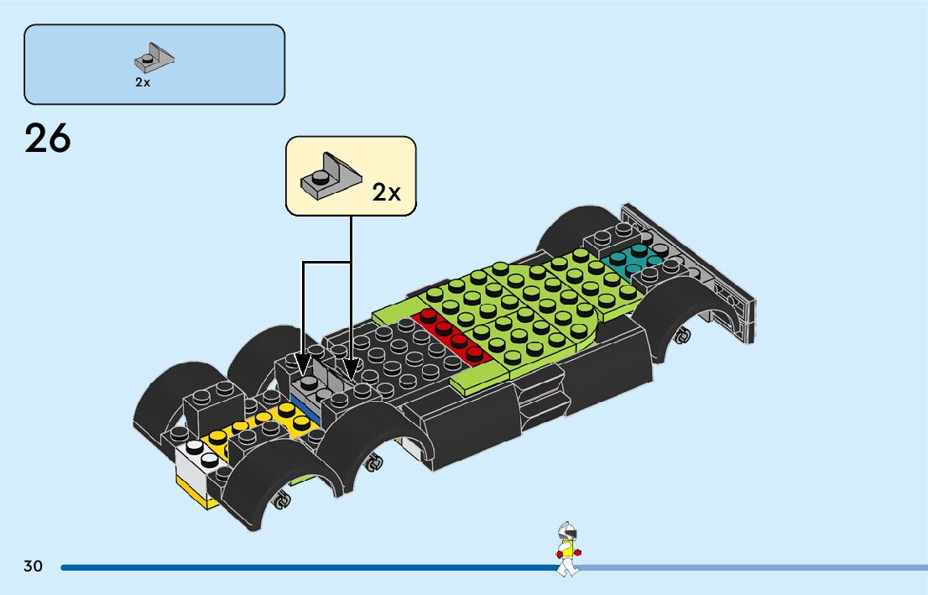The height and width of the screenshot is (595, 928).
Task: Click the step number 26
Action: pyautogui.click(x=48, y=139)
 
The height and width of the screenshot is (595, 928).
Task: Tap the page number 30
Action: pyautogui.click(x=34, y=566)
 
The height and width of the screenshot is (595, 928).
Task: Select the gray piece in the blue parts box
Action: pyautogui.click(x=154, y=59)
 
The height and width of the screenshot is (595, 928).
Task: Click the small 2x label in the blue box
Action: pyautogui.click(x=143, y=82)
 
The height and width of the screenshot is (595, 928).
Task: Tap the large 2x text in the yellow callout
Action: pyautogui.click(x=387, y=192)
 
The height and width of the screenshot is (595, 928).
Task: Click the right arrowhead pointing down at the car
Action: pyautogui.click(x=352, y=366)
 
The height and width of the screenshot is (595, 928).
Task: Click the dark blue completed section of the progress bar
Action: pyautogui.click(x=302, y=568)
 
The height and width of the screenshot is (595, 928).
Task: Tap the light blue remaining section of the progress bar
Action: pyautogui.click(x=755, y=568)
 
